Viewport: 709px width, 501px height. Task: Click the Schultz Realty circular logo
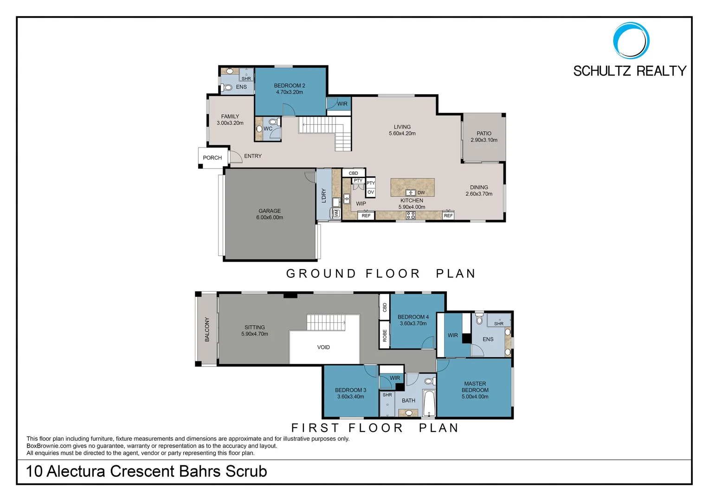pyautogui.click(x=631, y=40)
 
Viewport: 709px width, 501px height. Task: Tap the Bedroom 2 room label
pyautogui.click(x=289, y=85)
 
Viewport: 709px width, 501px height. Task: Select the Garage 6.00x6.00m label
pyautogui.click(x=270, y=214)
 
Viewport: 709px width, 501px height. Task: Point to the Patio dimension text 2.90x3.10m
pyautogui.click(x=483, y=140)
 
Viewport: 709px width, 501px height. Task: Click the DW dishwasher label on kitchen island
pyautogui.click(x=421, y=193)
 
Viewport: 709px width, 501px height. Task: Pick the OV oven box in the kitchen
pyautogui.click(x=370, y=192)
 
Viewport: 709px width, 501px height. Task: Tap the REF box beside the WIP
pyautogui.click(x=366, y=216)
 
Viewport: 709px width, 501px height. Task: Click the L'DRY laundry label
pyautogui.click(x=324, y=196)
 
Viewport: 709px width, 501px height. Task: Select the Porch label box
pyautogui.click(x=213, y=158)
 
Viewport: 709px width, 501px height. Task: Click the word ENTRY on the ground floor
pyautogui.click(x=253, y=156)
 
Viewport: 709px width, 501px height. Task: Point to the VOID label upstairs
pyautogui.click(x=323, y=347)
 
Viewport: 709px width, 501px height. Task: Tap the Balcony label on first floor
pyautogui.click(x=207, y=329)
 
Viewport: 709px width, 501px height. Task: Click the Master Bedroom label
pyautogui.click(x=475, y=387)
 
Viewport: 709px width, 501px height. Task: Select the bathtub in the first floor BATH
pyautogui.click(x=429, y=404)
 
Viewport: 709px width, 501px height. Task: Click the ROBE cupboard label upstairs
pyautogui.click(x=385, y=335)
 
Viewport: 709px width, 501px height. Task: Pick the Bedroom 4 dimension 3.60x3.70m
pyautogui.click(x=413, y=324)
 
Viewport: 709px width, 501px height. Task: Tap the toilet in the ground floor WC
pyautogui.click(x=273, y=122)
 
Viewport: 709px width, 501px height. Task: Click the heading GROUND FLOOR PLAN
pyautogui.click(x=381, y=274)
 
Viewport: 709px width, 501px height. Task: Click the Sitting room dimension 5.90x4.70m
pyautogui.click(x=254, y=334)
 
